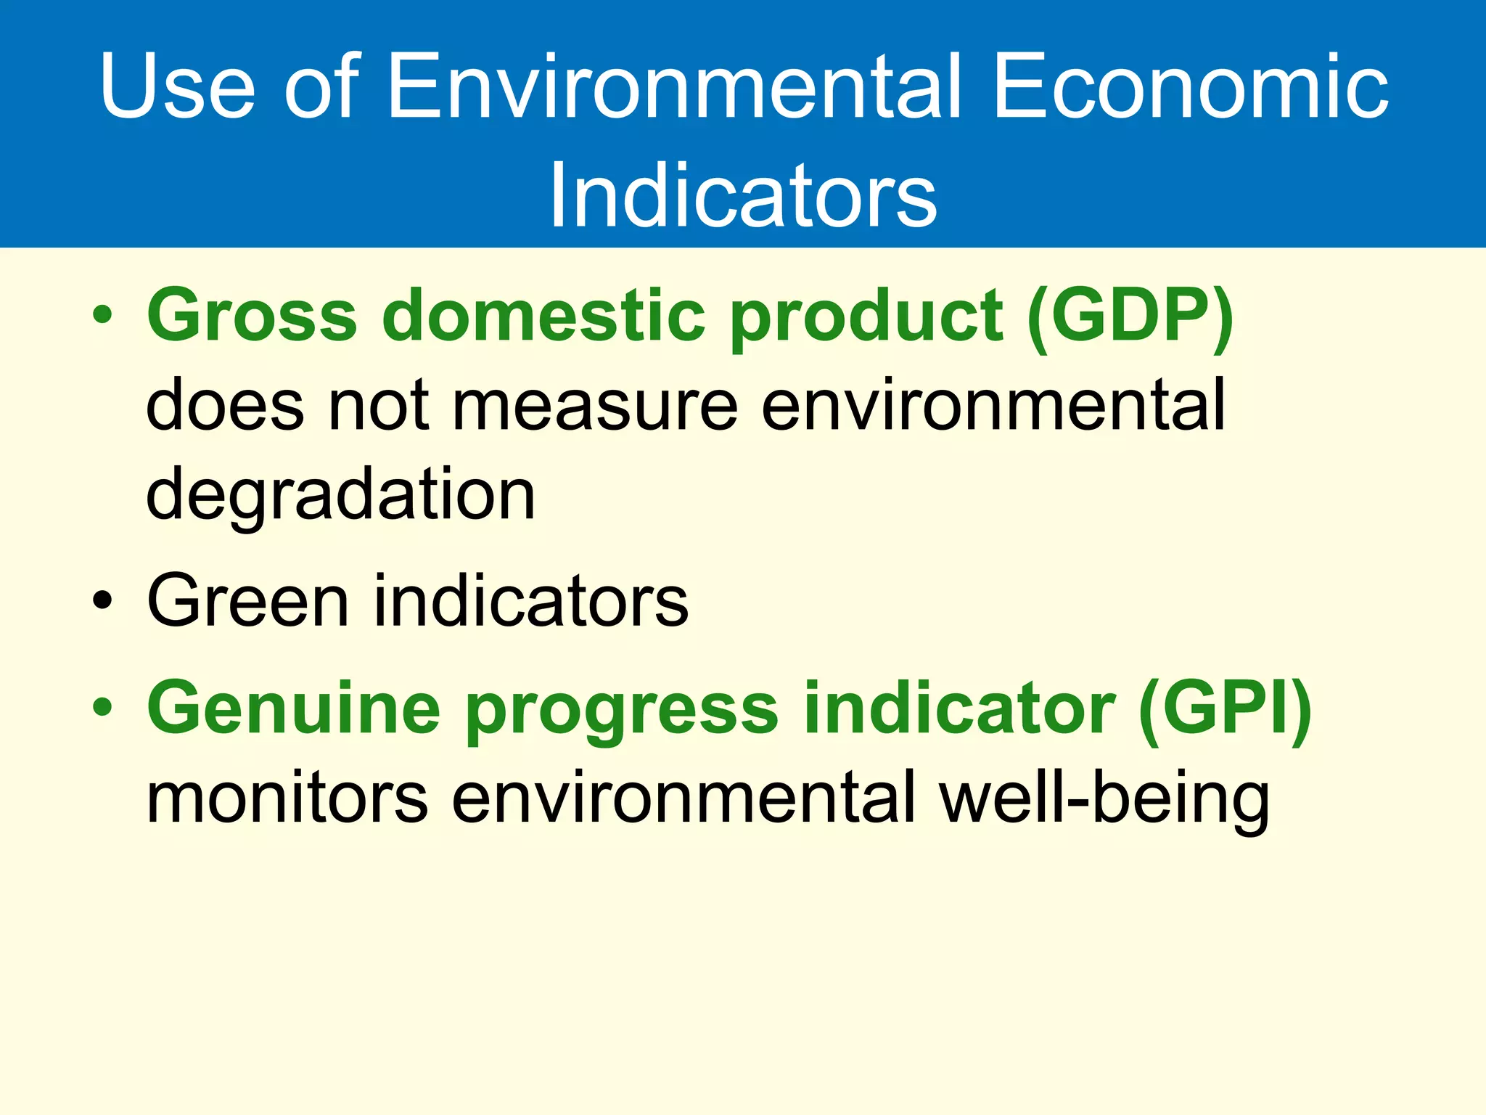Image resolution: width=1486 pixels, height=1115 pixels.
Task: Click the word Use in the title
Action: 177,87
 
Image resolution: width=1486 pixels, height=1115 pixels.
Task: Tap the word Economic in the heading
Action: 1190,87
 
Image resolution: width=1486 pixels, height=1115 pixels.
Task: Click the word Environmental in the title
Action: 675,87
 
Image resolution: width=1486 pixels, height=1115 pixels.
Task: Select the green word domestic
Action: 543,316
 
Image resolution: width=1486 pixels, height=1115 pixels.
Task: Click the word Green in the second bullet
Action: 247,601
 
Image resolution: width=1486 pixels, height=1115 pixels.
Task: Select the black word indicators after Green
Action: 530,601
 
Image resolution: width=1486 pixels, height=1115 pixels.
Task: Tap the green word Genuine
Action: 294,708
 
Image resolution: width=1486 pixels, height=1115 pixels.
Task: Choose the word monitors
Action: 287,799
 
